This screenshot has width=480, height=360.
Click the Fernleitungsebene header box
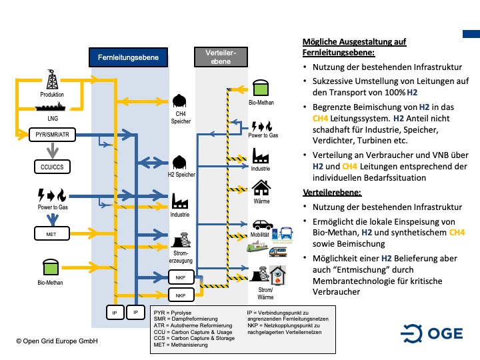(128, 58)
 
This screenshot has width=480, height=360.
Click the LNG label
(53, 117)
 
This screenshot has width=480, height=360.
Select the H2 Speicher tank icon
(179, 162)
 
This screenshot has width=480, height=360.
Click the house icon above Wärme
(261, 187)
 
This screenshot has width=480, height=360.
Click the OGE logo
(431, 332)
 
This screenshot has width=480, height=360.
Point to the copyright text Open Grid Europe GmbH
(58, 341)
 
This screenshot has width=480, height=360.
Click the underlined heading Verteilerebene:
(331, 192)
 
